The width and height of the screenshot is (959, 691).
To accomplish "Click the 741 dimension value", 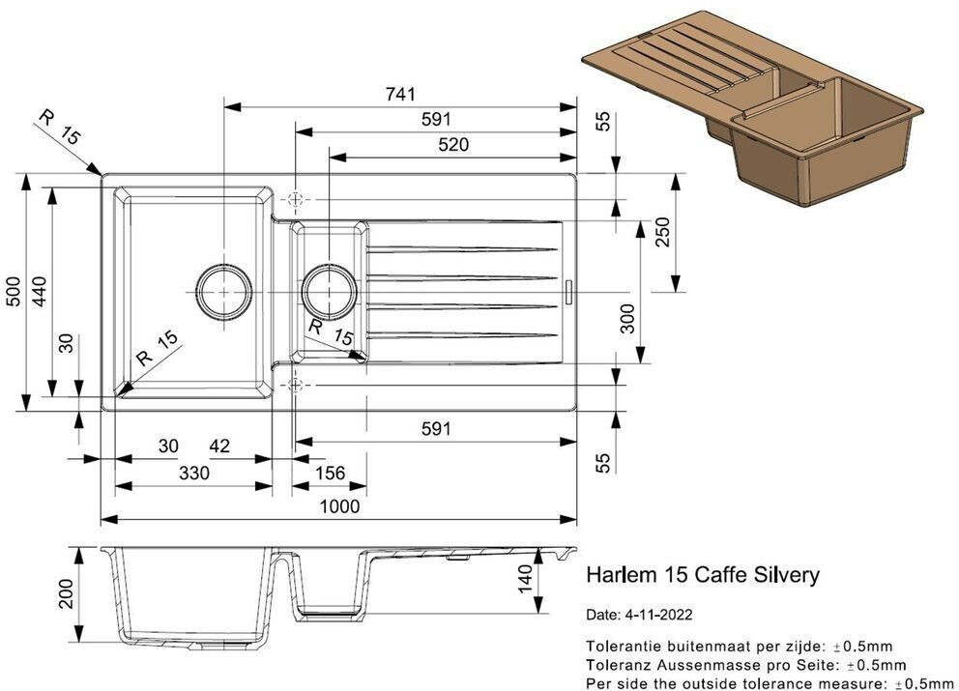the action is coord(400,94).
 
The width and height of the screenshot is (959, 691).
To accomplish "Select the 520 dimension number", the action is coord(453,144).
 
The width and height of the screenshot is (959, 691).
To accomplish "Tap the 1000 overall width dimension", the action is coord(340,506).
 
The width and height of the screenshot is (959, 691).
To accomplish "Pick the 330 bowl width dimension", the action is coord(194,473).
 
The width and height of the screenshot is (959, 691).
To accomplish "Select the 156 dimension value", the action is coord(331,473).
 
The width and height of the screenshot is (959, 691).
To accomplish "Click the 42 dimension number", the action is coord(219,446).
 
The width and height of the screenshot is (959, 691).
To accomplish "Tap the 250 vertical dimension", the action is coord(663,232).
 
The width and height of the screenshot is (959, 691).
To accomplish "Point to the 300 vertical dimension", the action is coord(627,318).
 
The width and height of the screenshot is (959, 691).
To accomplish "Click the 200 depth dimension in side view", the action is coord(66,593).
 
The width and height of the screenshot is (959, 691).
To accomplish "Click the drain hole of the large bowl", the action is coord(224,292).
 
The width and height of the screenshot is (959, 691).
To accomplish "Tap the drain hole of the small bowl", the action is coord(329,292).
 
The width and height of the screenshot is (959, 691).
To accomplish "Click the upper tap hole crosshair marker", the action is coord(296,199).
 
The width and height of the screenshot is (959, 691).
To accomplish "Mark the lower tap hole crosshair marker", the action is coord(296,386).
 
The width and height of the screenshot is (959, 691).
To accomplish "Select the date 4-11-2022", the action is coord(657,615).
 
